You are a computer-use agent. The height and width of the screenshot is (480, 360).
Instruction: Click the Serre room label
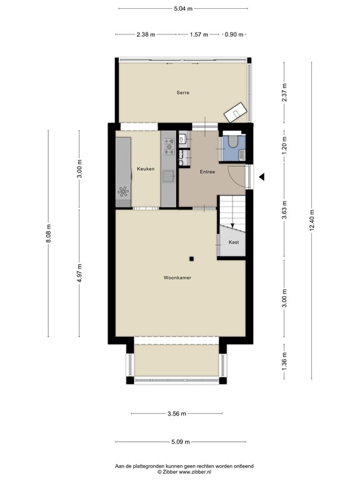(x=182, y=92)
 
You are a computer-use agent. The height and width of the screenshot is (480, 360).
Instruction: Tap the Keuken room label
(x=146, y=169)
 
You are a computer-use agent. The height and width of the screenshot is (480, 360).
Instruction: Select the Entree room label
(x=207, y=171)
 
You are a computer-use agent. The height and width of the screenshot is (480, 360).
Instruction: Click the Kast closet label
(x=234, y=242)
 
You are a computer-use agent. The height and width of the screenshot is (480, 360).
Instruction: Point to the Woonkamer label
(x=177, y=277)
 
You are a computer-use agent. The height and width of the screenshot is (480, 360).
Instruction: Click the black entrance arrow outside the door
(x=262, y=177)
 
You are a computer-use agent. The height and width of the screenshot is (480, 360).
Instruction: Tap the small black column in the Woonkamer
(x=192, y=258)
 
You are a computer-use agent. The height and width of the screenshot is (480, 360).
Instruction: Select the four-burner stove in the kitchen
(x=169, y=146)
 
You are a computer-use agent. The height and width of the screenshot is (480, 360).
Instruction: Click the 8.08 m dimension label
(x=48, y=238)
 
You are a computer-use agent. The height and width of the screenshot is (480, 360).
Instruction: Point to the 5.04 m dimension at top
(x=182, y=8)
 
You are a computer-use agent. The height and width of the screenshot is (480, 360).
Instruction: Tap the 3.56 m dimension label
(x=177, y=413)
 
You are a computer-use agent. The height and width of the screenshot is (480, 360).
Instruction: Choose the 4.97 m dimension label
(x=79, y=272)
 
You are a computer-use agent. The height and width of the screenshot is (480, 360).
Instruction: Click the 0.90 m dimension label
(x=235, y=35)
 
